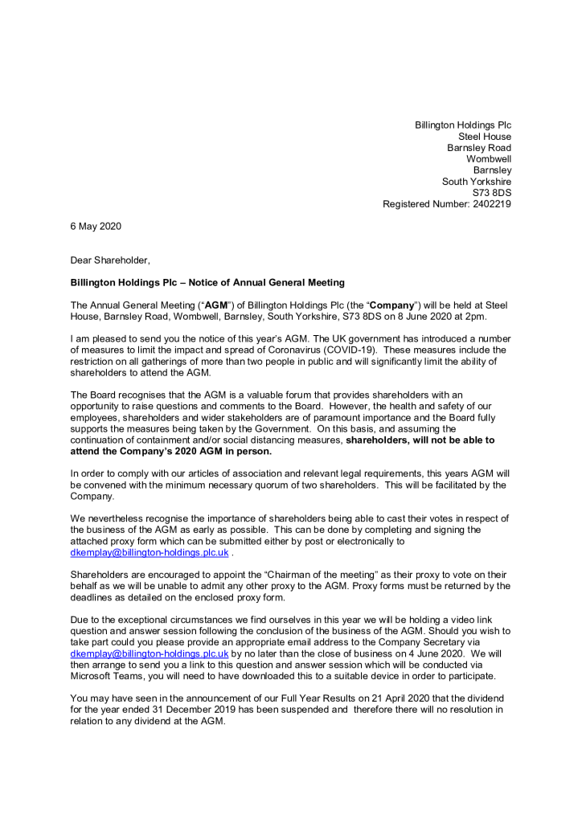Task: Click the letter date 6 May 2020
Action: tap(96, 227)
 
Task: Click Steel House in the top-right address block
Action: tap(485, 137)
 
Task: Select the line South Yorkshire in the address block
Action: tap(477, 182)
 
